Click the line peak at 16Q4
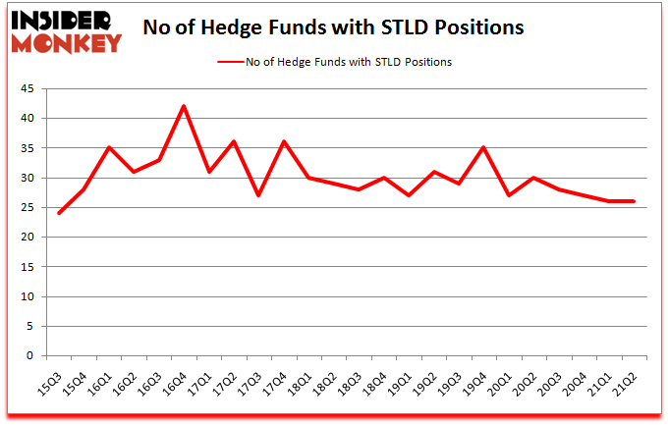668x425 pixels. coord(183,106)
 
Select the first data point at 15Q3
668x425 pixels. coord(58,213)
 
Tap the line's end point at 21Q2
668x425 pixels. coord(634,201)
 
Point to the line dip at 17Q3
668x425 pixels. coord(257,195)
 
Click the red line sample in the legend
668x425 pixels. coord(237,62)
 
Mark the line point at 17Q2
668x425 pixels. coord(233,141)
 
